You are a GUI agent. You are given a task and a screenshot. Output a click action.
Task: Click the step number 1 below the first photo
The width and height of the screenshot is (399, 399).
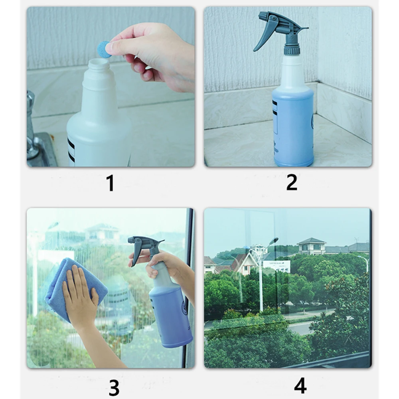click(111, 183)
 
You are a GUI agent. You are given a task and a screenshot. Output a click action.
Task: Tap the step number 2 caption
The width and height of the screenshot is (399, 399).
click(292, 182)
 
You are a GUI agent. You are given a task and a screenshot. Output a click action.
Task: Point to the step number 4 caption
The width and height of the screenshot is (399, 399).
click(300, 385)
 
